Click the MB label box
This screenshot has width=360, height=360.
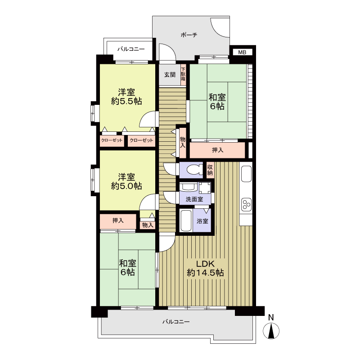(x=242, y=52)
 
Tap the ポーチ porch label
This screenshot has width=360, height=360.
(x=189, y=35)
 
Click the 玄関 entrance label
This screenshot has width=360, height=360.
(x=170, y=75)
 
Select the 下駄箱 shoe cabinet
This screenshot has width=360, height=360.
(x=183, y=75)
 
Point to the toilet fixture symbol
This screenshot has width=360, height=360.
(x=194, y=170)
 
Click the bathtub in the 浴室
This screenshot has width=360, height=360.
(x=186, y=220)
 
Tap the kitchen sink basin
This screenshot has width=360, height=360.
(x=246, y=174)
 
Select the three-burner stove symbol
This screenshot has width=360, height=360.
(x=246, y=204)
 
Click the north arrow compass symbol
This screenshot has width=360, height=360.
(x=271, y=331)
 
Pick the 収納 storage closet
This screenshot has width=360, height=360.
(x=210, y=170)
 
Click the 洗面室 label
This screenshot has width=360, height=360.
(x=194, y=199)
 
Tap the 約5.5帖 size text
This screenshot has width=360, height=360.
(x=126, y=101)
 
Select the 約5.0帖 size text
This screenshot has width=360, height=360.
(x=126, y=186)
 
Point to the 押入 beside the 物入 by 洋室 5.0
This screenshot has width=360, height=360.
(x=118, y=221)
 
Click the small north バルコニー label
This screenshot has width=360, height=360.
(x=131, y=49)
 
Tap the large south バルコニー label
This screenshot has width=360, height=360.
(x=176, y=322)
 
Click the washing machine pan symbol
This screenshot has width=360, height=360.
(x=205, y=188)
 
